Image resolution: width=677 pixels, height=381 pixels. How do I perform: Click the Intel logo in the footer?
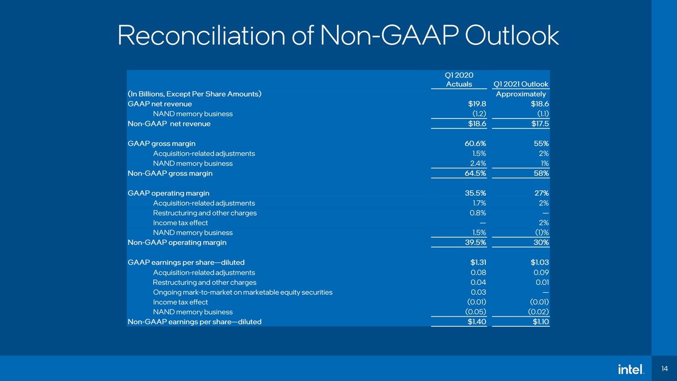point(631,369)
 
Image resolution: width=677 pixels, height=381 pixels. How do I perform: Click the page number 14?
point(664,369)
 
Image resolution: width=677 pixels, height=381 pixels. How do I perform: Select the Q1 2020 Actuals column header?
point(459,80)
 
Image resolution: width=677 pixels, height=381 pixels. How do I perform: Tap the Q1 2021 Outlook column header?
point(521,84)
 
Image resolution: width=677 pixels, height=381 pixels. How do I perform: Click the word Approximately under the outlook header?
point(521,94)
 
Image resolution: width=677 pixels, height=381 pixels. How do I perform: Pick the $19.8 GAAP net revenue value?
point(477,104)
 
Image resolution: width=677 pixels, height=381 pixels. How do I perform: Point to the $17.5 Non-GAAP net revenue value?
point(540,124)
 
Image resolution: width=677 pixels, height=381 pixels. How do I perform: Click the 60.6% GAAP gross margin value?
point(475,143)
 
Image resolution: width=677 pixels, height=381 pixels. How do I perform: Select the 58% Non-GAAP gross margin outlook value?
point(541,173)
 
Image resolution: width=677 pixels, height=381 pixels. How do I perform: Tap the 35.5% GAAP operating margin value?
point(475,193)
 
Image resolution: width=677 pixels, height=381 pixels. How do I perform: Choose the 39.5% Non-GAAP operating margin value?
point(475,243)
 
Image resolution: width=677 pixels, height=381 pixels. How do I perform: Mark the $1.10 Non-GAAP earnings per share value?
point(541,322)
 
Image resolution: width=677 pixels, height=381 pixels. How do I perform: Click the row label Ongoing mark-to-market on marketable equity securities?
point(243,292)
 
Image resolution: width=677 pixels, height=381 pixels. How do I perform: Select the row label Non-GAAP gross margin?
point(170,173)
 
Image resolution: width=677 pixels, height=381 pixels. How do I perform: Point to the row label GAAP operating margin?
point(168,193)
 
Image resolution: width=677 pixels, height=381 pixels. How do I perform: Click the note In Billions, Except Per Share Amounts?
point(195,94)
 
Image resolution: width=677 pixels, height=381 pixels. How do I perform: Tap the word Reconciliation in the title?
point(202,35)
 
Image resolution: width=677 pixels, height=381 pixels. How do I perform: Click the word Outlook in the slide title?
point(512,35)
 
